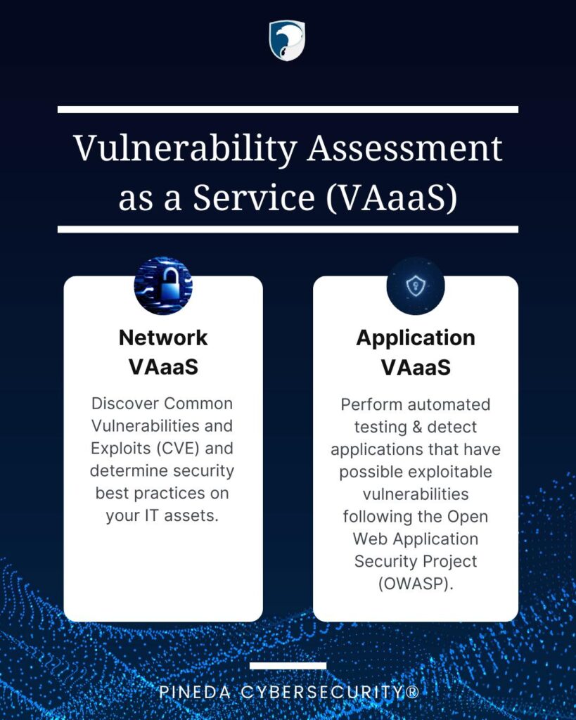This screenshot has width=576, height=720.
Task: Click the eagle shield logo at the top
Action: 287,40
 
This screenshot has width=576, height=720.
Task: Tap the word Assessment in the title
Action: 404,148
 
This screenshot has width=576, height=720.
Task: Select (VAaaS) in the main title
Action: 392,198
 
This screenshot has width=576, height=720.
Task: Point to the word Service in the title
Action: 254,198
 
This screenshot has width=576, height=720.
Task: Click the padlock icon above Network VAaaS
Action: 163,285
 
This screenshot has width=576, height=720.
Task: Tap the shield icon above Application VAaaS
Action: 416,285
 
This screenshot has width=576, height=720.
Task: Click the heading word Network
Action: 163,337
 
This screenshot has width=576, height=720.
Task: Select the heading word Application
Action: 416,338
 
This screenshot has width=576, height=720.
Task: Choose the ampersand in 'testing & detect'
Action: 417,427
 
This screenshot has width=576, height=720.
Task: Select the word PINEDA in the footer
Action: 195,692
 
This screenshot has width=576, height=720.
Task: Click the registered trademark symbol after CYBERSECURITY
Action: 412,692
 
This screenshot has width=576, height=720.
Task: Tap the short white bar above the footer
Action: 288,665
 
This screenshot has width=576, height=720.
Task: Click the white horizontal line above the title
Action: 288,109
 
